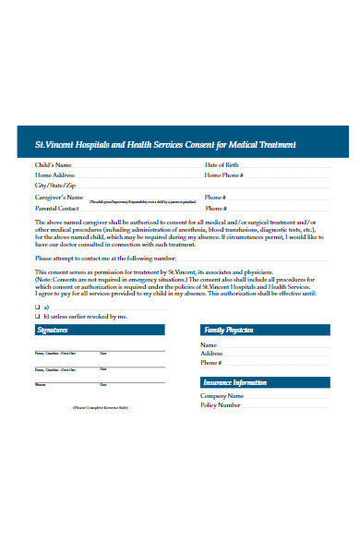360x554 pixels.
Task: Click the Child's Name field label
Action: [54, 165]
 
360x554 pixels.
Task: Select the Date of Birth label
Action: [224, 165]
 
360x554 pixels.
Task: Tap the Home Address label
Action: [55, 175]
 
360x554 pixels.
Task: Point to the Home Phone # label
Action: [224, 175]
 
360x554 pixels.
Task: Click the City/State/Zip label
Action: [54, 185]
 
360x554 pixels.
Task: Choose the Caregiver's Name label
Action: [59, 197]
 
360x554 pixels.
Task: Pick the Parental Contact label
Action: [57, 208]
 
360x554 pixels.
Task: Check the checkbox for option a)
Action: [38, 306]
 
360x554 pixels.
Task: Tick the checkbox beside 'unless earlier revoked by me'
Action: [38, 316]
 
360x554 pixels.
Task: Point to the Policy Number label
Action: [221, 404]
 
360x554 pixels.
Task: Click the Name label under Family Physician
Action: [209, 344]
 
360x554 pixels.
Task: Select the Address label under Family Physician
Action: [211, 353]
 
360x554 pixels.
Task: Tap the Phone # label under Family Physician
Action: [212, 362]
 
